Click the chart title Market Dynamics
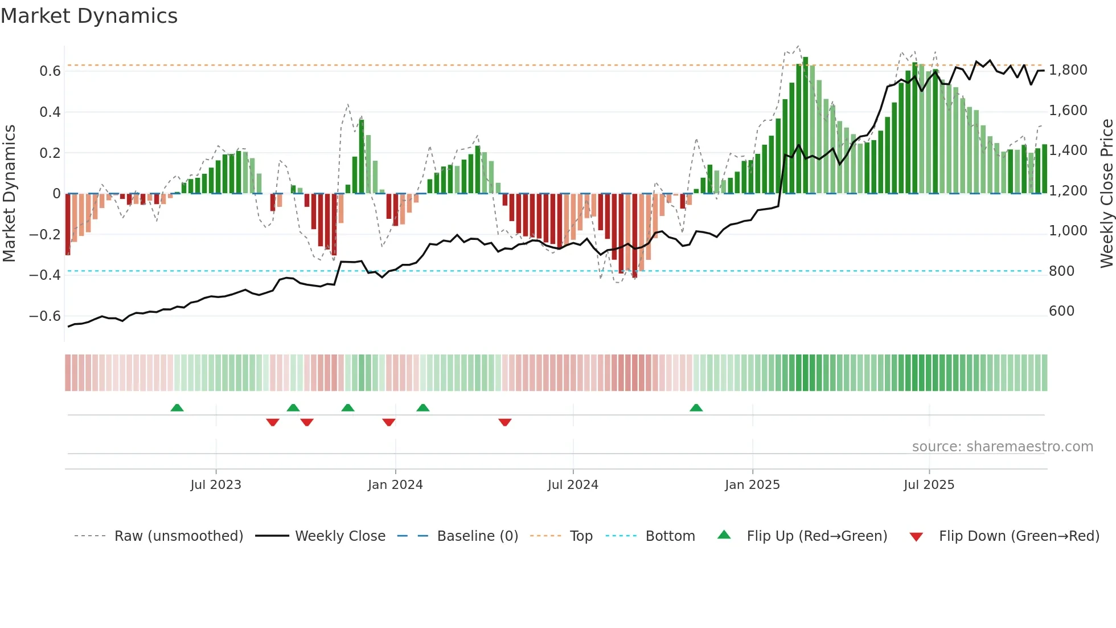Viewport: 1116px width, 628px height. pos(89,16)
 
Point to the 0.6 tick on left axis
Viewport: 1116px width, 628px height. pos(50,71)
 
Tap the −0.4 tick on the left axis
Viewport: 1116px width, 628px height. pos(45,275)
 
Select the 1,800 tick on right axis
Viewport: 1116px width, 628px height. pos(1068,70)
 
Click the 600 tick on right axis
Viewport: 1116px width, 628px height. pos(1061,311)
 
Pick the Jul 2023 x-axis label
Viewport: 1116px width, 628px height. pos(216,485)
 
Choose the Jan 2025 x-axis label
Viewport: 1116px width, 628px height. pos(752,485)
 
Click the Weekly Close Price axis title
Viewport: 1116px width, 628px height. pos(1106,193)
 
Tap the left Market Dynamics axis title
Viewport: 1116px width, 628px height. pos(9,193)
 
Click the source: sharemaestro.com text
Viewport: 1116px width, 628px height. pos(1002,447)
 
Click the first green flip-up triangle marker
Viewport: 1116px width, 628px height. pos(177,407)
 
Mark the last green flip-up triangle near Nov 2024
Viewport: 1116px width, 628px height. pos(696,407)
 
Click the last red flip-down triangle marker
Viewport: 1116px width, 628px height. pos(504,422)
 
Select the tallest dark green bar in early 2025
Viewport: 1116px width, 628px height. pos(805,125)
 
